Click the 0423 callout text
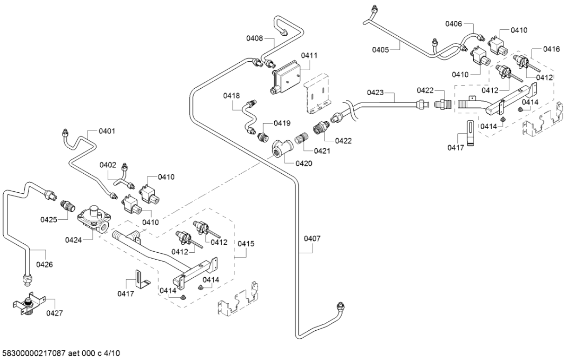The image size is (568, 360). pyautogui.click(x=375, y=92)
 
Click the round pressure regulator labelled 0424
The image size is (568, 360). pyautogui.click(x=94, y=218)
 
